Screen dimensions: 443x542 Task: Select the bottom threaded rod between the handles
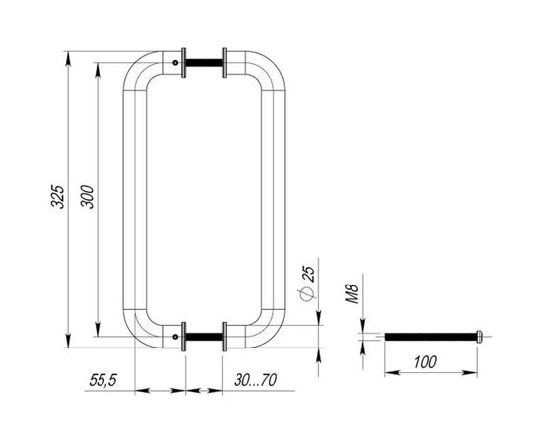205,336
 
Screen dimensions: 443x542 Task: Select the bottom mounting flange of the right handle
226,336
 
